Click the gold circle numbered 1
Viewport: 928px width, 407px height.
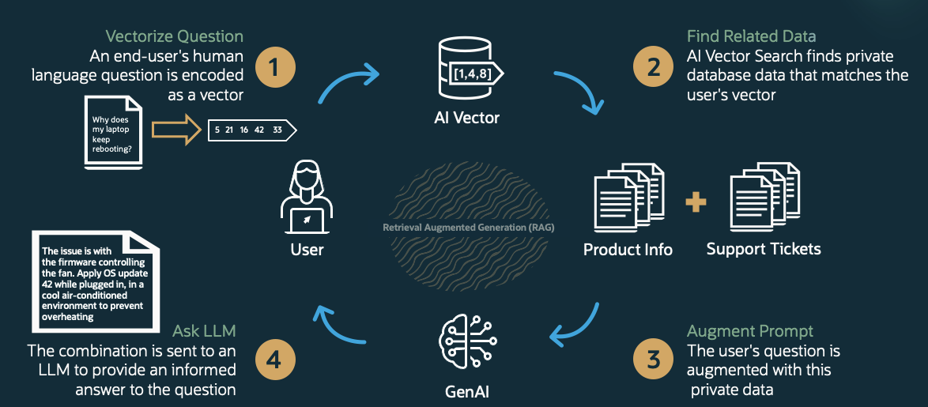(274, 68)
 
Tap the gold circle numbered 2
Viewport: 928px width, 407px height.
(654, 68)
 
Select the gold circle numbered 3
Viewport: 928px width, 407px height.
(654, 360)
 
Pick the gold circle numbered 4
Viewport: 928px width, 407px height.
(274, 360)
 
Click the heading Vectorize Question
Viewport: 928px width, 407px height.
(174, 36)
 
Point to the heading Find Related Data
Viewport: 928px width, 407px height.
(751, 36)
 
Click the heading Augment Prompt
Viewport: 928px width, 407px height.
(750, 330)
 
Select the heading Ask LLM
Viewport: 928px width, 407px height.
(204, 330)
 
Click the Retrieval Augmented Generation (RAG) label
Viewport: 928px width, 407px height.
(469, 228)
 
